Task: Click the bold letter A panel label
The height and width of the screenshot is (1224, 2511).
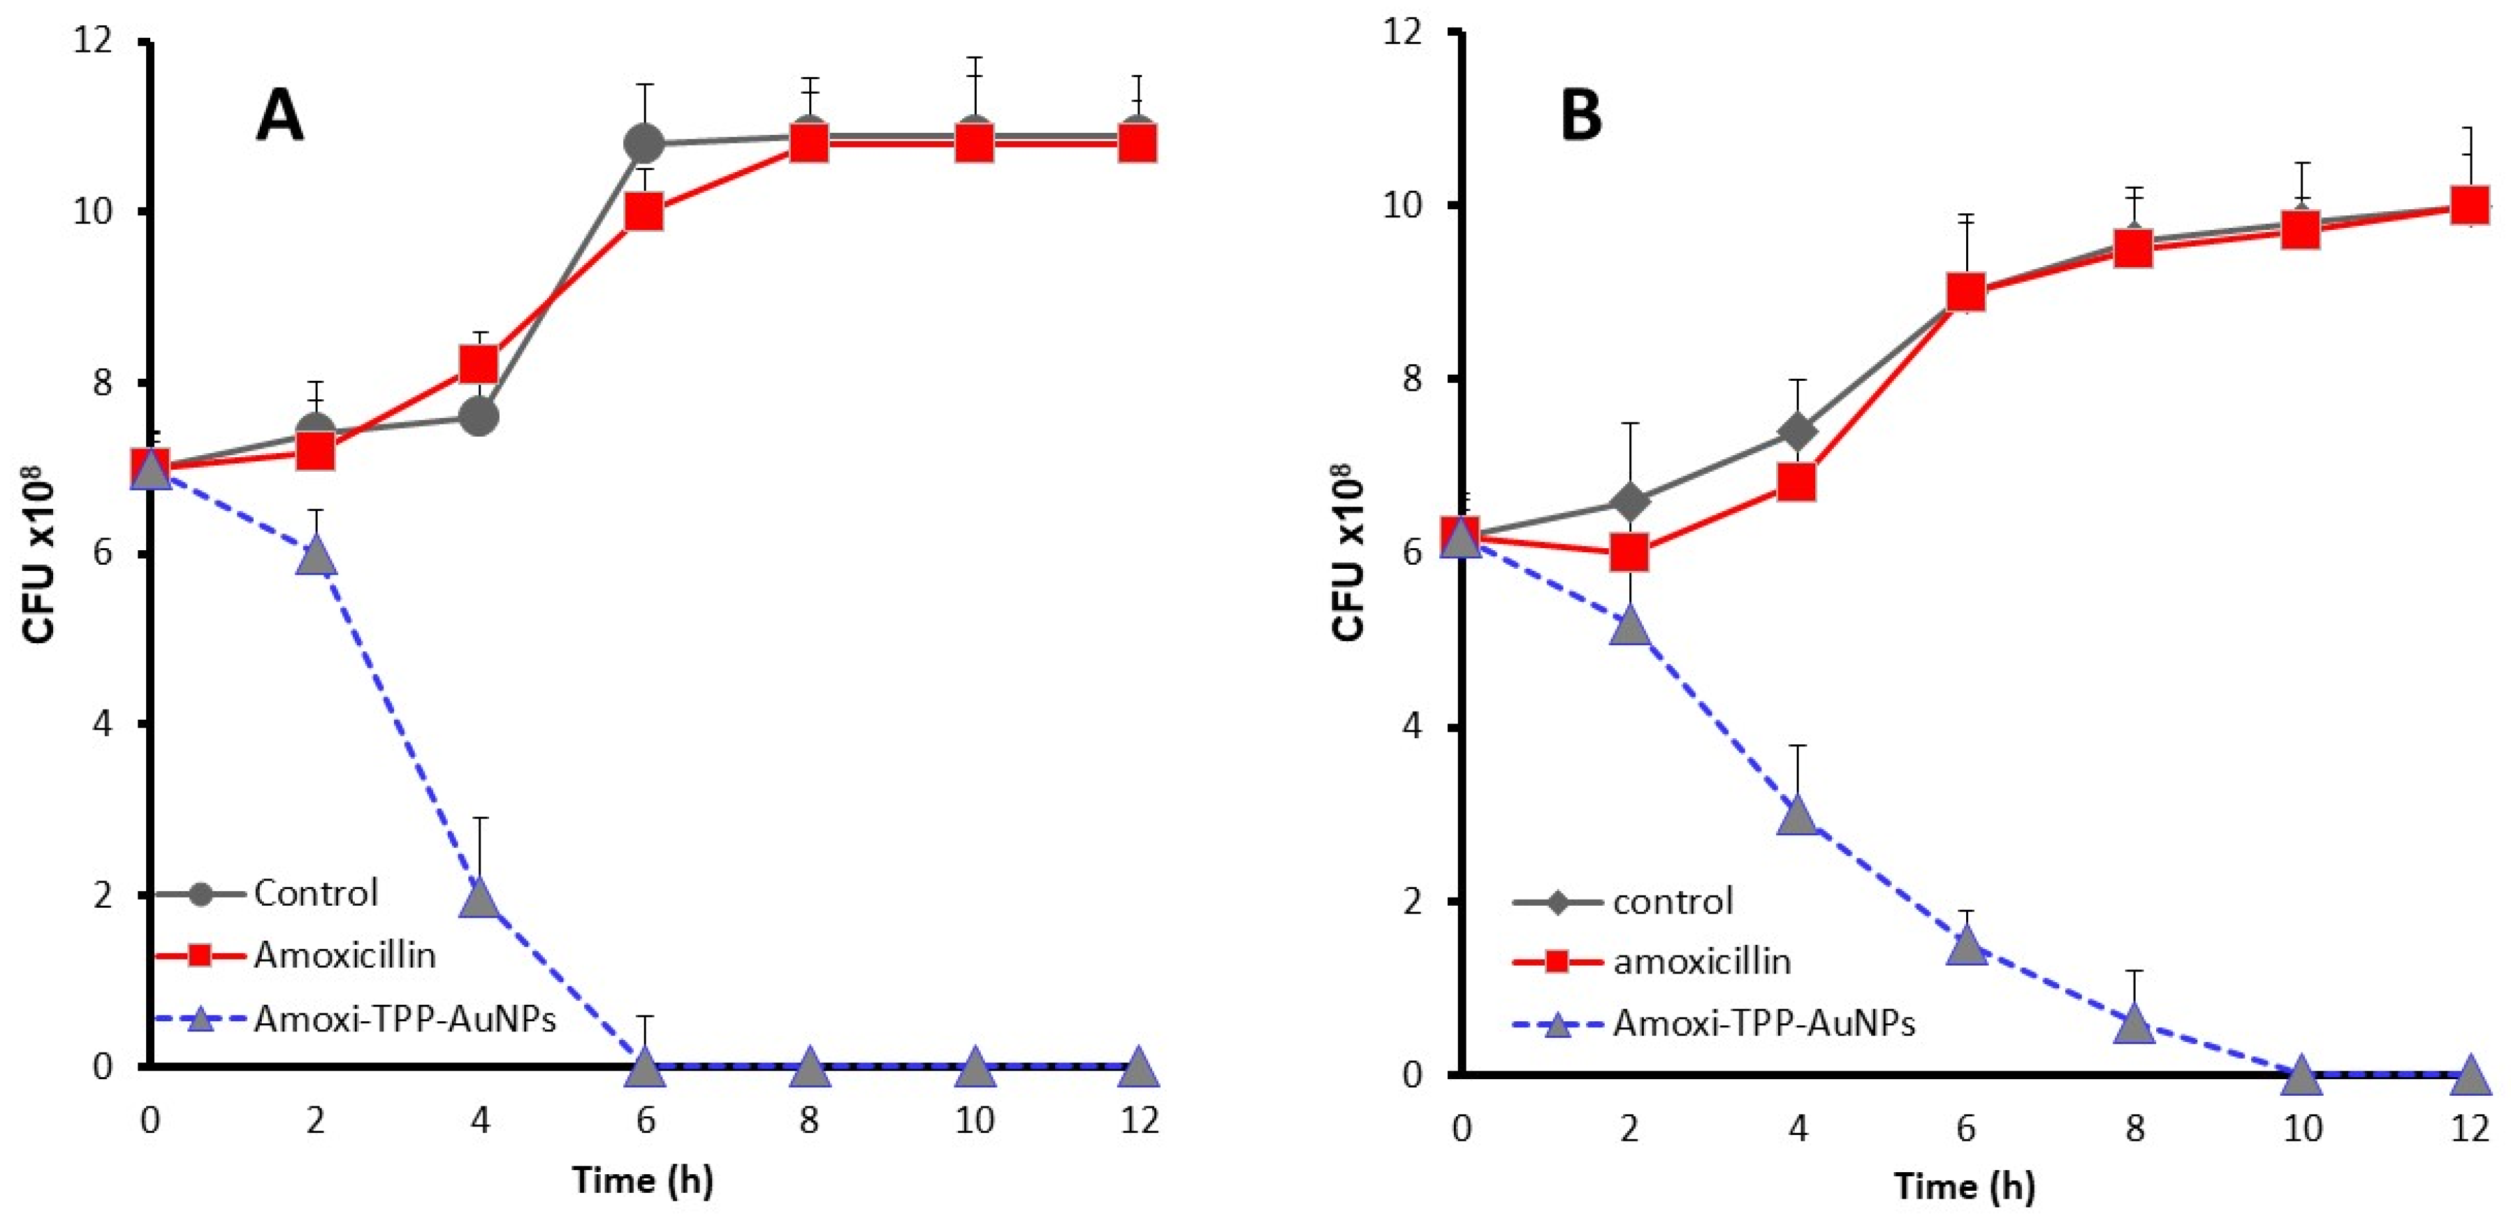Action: pyautogui.click(x=279, y=118)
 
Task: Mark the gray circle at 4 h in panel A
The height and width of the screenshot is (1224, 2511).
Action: pyautogui.click(x=478, y=417)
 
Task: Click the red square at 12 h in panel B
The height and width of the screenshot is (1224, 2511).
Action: pyautogui.click(x=2469, y=205)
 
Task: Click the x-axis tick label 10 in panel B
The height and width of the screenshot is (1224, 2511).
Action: pyautogui.click(x=2302, y=1130)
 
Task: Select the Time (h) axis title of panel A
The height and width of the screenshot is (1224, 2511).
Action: pyautogui.click(x=643, y=1180)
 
